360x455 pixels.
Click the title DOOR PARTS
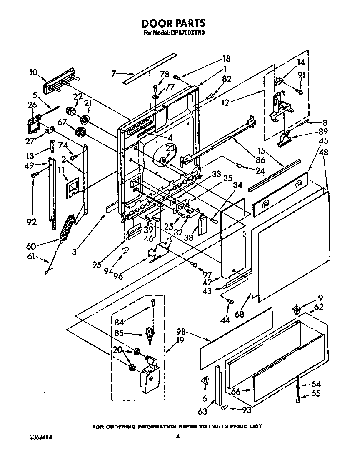[x=174, y=23]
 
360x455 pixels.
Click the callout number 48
[x=323, y=152]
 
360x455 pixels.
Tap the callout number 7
[x=113, y=74]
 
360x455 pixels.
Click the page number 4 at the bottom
[x=177, y=436]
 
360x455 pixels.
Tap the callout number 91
[x=313, y=75]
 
